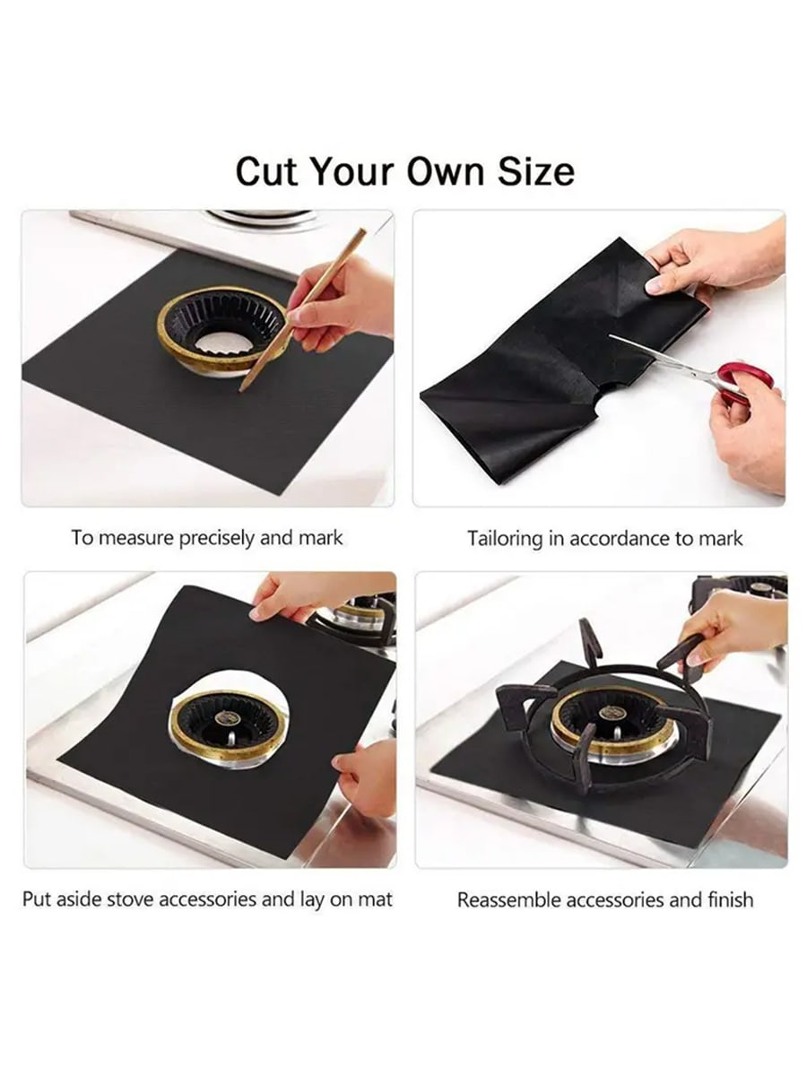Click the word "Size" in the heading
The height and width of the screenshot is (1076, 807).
pyautogui.click(x=536, y=171)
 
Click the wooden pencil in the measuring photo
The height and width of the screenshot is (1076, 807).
pyautogui.click(x=303, y=309)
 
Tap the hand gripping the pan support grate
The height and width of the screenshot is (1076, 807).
pyautogui.click(x=733, y=635)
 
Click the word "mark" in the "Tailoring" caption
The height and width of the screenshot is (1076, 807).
pyautogui.click(x=720, y=539)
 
